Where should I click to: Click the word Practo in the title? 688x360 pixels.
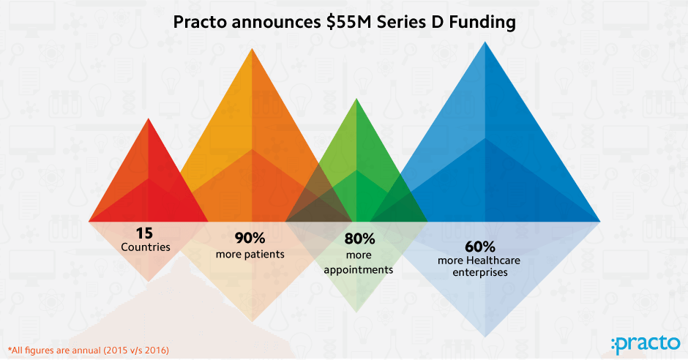(201, 22)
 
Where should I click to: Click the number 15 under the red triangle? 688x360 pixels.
(144, 233)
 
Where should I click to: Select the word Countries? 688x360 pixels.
(146, 247)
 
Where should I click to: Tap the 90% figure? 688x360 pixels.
(250, 238)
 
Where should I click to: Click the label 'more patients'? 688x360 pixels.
(250, 255)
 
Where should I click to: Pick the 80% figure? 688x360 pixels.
(360, 239)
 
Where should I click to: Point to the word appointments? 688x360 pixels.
(359, 270)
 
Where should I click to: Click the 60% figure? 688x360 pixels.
(480, 247)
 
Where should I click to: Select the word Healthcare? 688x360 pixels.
(493, 260)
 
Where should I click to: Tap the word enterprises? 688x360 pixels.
(480, 273)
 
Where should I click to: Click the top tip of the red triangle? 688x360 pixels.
(149, 118)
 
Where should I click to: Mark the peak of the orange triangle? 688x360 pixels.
(252, 48)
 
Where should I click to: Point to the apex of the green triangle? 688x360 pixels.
(356, 98)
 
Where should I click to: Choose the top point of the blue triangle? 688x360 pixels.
(485, 42)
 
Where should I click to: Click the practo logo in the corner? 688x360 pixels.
(646, 344)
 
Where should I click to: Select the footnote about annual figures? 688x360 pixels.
(88, 350)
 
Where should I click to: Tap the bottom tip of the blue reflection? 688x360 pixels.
(485, 337)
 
